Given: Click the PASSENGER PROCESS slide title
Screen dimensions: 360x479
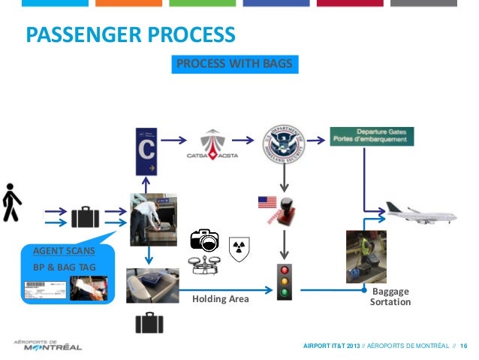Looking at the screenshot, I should pyautogui.click(x=131, y=35).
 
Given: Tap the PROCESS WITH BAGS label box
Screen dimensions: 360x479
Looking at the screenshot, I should pyautogui.click(x=234, y=65).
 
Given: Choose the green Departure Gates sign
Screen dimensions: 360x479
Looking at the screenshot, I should pyautogui.click(x=372, y=136).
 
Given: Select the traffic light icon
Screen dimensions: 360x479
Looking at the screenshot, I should pyautogui.click(x=285, y=283).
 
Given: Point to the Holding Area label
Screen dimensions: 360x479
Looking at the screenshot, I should pyautogui.click(x=220, y=299).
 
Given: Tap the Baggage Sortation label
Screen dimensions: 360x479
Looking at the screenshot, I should pyautogui.click(x=390, y=296).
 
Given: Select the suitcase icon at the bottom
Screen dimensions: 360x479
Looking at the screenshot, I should pyautogui.click(x=149, y=322).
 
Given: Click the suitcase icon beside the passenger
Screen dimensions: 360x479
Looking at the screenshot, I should pyautogui.click(x=85, y=216).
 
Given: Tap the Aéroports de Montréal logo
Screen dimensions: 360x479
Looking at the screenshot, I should pyautogui.click(x=47, y=344).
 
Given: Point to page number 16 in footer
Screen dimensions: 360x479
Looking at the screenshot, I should pyautogui.click(x=464, y=345).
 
